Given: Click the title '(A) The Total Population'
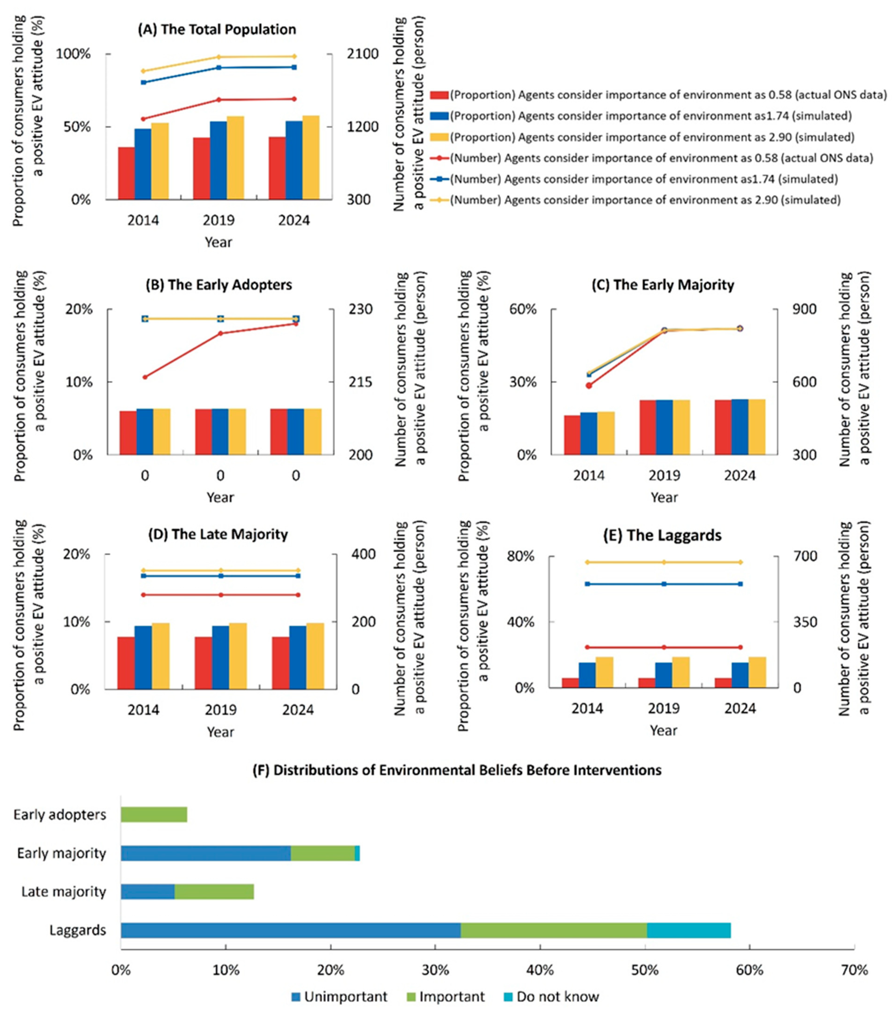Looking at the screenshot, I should tap(217, 30).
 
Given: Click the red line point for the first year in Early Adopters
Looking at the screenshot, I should tap(145, 377).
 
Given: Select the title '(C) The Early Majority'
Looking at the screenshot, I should tap(662, 285).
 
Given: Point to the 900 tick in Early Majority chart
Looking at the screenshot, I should tap(804, 309).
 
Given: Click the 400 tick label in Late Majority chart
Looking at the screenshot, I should tap(362, 554).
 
